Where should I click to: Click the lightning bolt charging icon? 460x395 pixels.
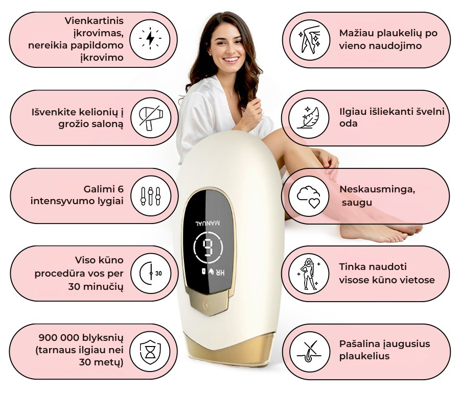pos(150,40)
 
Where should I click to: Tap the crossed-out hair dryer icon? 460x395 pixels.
pos(151,118)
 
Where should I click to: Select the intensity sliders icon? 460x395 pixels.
pos(151,196)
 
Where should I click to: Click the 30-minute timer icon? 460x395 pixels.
pos(151,274)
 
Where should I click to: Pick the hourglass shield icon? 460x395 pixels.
pos(150,352)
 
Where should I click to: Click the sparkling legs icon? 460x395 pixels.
pos(310,40)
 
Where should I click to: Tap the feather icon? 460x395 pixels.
pos(309,118)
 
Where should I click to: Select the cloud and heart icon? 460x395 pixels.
pos(309,196)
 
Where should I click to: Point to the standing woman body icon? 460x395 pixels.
pos(309,274)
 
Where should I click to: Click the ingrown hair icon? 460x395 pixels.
pos(310,352)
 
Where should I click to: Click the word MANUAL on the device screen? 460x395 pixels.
pos(208,224)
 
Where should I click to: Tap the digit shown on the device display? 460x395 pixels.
pos(209,248)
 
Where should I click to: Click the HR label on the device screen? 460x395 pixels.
pos(220,272)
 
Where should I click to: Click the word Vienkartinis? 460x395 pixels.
pos(94,21)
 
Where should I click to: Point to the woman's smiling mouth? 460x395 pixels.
pos(231,60)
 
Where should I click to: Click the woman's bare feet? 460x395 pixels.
pos(381,232)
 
